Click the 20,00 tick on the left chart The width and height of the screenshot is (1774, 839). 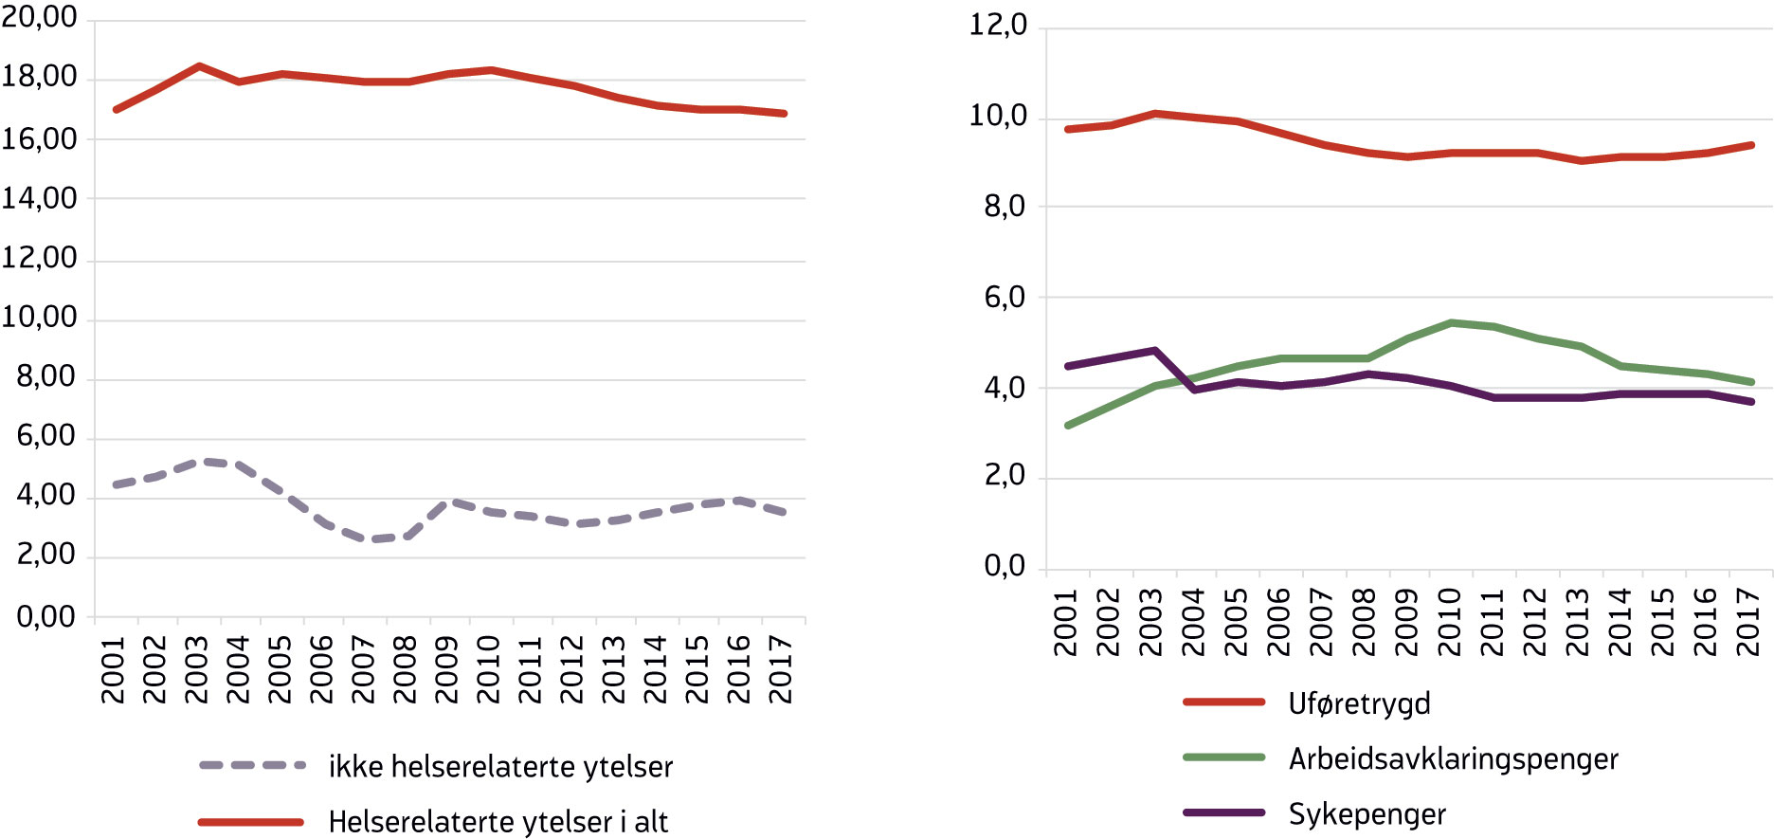tap(40, 17)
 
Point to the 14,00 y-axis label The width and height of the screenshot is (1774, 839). tap(40, 198)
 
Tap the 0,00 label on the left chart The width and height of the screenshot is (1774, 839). tap(45, 617)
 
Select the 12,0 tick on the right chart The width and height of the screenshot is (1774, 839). tap(997, 26)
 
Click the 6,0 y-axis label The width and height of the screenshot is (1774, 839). tap(1005, 298)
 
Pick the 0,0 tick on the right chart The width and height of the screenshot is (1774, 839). tap(1005, 567)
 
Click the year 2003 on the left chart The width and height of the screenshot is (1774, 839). tap(196, 669)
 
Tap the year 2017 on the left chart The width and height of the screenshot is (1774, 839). tap(781, 669)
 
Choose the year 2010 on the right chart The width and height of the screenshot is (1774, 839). tap(1450, 622)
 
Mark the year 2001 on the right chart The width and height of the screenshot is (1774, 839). tap(1066, 622)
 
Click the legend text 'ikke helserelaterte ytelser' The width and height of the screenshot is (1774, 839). tap(500, 767)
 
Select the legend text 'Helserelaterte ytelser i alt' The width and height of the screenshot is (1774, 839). tap(498, 822)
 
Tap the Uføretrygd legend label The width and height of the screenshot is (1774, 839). tap(1359, 703)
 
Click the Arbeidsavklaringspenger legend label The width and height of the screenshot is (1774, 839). tap(1453, 758)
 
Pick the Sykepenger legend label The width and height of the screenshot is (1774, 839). tap(1367, 814)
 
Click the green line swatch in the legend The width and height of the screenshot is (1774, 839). tap(1224, 757)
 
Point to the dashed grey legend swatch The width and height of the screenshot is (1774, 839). tap(252, 765)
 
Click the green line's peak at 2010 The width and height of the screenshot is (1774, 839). tap(1451, 323)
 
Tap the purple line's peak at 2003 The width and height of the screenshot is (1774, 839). tap(1154, 351)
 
